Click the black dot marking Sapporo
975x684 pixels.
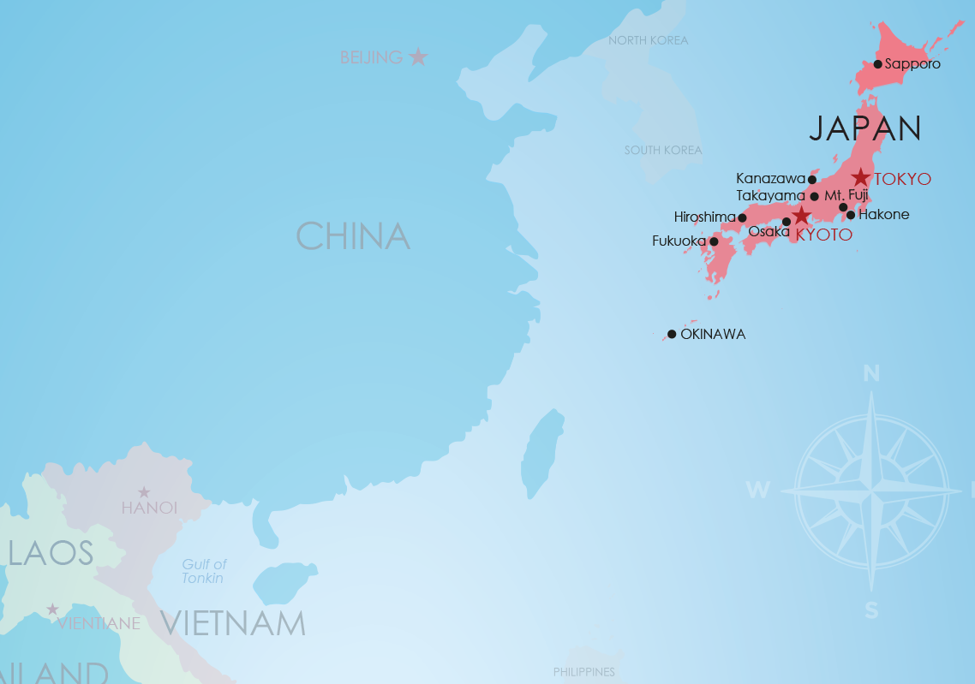878,64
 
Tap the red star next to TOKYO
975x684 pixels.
861,178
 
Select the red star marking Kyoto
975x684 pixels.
801,215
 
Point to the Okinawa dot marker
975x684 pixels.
672,334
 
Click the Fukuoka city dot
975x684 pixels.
714,241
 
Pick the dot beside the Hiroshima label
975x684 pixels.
742,217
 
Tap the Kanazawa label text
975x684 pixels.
770,179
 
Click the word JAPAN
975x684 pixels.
865,128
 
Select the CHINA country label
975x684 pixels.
353,236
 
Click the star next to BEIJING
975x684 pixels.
418,57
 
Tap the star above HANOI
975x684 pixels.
144,492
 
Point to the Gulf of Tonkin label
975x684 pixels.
204,571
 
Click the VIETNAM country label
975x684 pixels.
232,623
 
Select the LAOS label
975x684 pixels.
51,553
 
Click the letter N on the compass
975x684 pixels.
871,373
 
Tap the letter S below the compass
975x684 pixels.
871,610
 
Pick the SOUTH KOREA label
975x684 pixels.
663,150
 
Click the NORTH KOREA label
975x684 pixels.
648,40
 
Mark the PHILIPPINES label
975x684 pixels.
584,672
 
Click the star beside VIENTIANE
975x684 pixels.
52,610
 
